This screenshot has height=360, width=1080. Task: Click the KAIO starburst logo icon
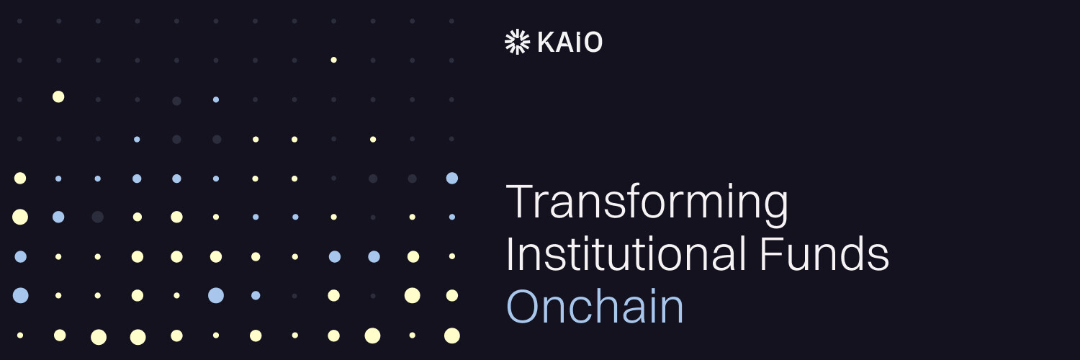click(517, 42)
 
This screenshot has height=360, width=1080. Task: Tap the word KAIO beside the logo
click(570, 43)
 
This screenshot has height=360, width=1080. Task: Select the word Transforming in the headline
click(647, 204)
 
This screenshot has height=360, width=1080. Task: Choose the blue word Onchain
click(595, 307)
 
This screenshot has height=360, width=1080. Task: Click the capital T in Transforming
click(518, 202)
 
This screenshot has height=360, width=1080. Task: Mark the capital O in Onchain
click(524, 307)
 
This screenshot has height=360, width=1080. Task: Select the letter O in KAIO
click(592, 43)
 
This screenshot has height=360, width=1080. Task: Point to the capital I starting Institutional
click(510, 255)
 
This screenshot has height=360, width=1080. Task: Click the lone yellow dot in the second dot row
click(333, 60)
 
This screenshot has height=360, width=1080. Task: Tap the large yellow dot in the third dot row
click(58, 96)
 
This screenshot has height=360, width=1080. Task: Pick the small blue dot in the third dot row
click(216, 99)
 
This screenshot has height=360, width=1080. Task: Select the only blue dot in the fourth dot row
click(137, 139)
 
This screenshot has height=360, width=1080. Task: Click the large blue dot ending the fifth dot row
click(451, 178)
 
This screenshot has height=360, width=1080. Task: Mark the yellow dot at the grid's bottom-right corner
click(451, 335)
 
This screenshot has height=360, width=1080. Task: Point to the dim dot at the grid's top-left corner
click(19, 21)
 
